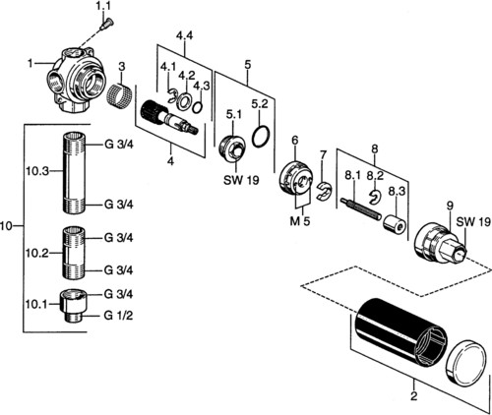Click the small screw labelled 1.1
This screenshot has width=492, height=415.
point(106,25)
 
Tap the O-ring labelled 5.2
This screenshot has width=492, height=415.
point(261,136)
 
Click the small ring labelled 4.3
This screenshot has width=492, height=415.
point(197,107)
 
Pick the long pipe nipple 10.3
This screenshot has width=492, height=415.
point(74,172)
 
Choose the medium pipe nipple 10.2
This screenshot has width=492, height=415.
point(74,253)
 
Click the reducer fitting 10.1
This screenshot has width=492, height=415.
point(72,306)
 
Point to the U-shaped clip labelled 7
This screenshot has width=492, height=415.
point(324,192)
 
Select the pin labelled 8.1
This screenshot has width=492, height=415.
point(361,208)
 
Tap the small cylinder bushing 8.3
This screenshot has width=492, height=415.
point(395,224)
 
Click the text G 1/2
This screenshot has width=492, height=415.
point(118,316)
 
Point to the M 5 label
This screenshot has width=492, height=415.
point(300,221)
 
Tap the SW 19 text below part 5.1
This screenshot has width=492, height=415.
point(241,180)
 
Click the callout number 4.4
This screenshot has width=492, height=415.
point(184,35)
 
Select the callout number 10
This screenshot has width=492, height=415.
point(7,225)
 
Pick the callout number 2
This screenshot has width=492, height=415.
point(414,395)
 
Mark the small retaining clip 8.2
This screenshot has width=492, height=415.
point(375,196)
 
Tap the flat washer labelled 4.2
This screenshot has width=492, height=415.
point(183,101)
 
